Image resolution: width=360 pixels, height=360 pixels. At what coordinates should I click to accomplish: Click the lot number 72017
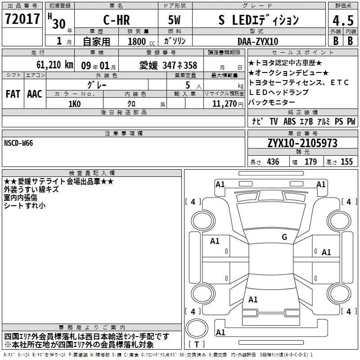pos(22,19)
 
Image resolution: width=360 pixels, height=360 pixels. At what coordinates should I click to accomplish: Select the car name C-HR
pos(117,20)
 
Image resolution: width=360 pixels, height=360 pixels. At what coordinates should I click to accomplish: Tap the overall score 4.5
pos(343,21)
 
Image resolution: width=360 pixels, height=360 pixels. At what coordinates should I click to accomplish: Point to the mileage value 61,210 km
pos(54,65)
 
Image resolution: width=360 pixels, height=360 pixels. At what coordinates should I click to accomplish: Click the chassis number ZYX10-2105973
pos(302,143)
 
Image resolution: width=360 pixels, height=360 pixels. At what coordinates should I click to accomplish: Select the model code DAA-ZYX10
pos(258,41)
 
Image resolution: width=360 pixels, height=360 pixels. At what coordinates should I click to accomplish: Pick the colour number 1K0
pos(74,104)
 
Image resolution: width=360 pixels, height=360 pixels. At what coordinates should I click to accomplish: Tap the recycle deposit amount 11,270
pos(224,104)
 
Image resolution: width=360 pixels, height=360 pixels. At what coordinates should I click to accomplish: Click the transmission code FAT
pos(13,94)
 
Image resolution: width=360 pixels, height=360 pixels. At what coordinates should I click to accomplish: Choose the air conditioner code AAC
pos(35,94)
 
